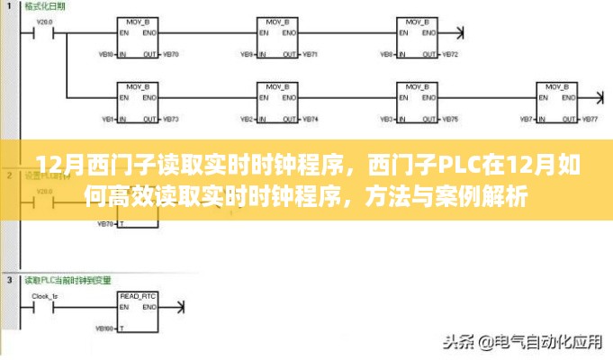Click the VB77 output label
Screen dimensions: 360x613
click(590, 120)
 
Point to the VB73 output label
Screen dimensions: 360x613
click(172, 120)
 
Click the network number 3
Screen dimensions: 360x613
click(9, 280)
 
